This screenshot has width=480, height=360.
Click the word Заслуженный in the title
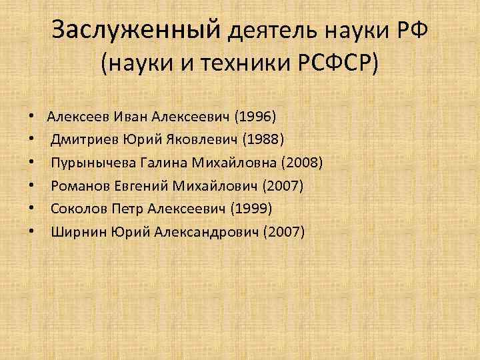click(x=136, y=30)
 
